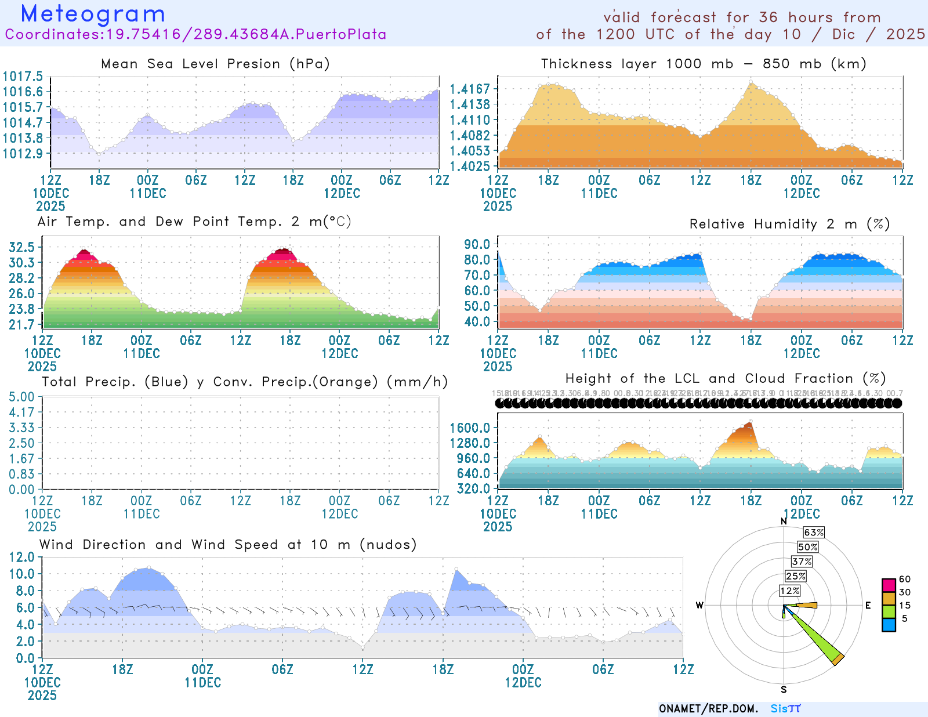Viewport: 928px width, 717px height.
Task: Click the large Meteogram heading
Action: pyautogui.click(x=93, y=14)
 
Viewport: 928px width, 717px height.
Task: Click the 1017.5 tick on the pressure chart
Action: pyautogui.click(x=23, y=77)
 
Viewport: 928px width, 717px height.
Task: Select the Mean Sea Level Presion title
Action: pyautogui.click(x=215, y=64)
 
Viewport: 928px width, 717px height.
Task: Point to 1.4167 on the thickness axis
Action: pyautogui.click(x=470, y=89)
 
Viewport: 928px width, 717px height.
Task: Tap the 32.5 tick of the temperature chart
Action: pyautogui.click(x=22, y=247)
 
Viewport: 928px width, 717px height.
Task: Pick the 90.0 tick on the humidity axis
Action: pyautogui.click(x=477, y=244)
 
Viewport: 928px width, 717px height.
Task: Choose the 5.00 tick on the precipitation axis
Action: pyautogui.click(x=22, y=397)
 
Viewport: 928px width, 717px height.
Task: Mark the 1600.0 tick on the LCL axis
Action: pyautogui.click(x=470, y=428)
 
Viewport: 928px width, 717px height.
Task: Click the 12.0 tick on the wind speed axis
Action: pyautogui.click(x=22, y=557)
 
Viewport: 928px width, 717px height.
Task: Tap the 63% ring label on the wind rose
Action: pyautogui.click(x=814, y=533)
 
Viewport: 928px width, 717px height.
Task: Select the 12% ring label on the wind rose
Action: pyautogui.click(x=790, y=591)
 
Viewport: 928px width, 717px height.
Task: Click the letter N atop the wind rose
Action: pyautogui.click(x=784, y=521)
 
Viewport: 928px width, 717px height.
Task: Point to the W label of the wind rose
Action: pyautogui.click(x=699, y=606)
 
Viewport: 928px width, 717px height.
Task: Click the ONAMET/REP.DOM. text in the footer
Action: pyautogui.click(x=709, y=709)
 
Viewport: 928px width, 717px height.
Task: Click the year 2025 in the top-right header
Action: pyautogui.click(x=905, y=34)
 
